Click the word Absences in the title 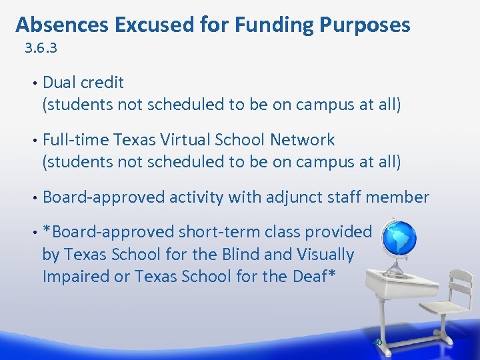(62, 25)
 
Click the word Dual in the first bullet (58, 83)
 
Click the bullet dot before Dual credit (33, 83)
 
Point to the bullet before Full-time (33, 141)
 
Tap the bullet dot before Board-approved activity (33, 198)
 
